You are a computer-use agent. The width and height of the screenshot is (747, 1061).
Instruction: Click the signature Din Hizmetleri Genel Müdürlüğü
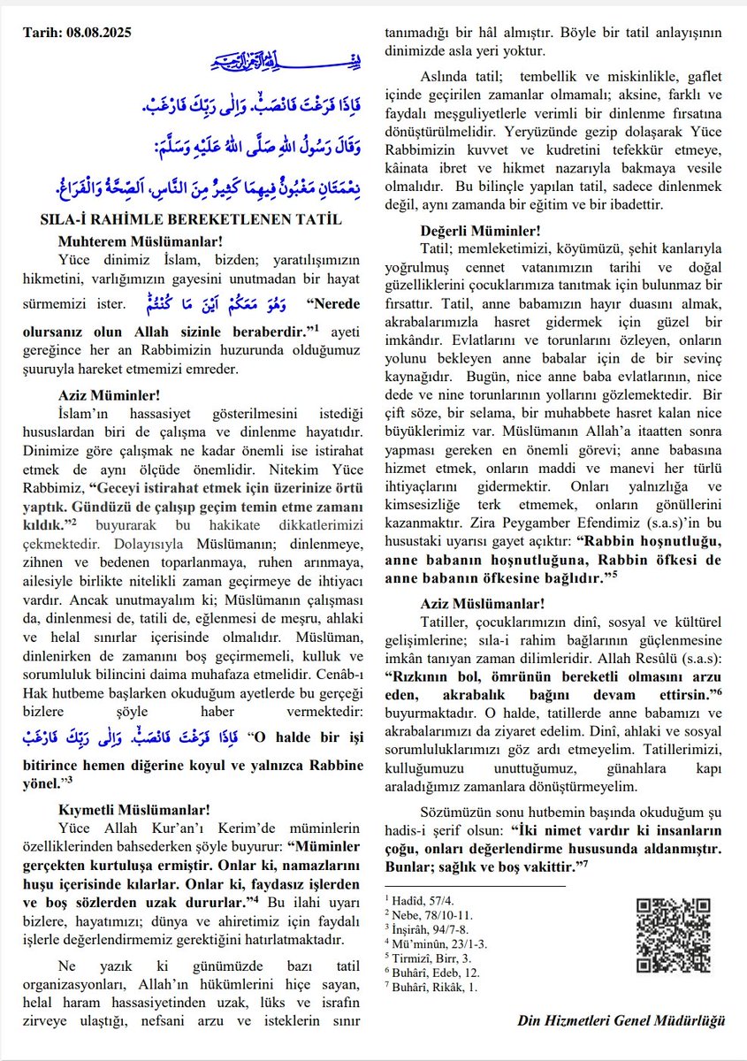tap(621, 1020)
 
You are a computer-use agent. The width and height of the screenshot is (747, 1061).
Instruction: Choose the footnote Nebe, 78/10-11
tap(423, 914)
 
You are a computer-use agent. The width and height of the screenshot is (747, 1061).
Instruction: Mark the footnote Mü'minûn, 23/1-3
tap(425, 943)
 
